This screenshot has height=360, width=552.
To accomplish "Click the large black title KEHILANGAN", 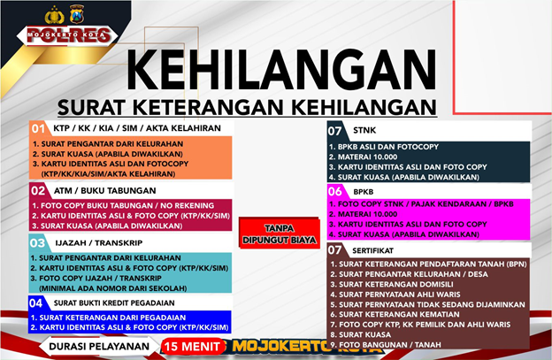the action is point(281,70).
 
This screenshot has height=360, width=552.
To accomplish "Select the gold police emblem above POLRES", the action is point(54,15).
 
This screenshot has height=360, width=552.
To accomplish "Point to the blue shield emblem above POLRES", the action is point(77,14).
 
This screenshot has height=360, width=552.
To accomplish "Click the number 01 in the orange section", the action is point(38,128).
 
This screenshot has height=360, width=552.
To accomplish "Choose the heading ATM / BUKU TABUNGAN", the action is point(104,191).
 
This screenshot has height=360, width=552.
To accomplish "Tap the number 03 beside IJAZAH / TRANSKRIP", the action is point(37,243).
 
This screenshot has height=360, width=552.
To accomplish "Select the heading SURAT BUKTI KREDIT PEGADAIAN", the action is point(114,303).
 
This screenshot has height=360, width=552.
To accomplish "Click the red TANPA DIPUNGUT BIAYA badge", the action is point(280,234).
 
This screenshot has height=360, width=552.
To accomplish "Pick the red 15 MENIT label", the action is point(192,347).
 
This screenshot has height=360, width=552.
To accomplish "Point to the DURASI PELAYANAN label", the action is point(99,346).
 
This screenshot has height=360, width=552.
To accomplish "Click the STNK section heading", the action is point(364,130).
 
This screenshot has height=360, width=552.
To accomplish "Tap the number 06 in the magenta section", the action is point(334,191).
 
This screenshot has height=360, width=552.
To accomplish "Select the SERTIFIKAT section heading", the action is point(372,250).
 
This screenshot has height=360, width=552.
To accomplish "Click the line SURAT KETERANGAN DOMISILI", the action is point(392,284).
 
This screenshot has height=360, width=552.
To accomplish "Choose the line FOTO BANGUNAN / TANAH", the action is point(386,345).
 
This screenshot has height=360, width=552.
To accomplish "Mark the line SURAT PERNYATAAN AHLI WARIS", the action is point(395,295).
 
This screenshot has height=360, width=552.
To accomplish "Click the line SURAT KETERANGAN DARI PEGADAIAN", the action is point(108,318).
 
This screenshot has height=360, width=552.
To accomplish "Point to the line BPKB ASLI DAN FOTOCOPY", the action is point(384,147).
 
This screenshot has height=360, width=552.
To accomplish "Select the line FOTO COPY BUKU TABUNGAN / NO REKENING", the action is point(123,205).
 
